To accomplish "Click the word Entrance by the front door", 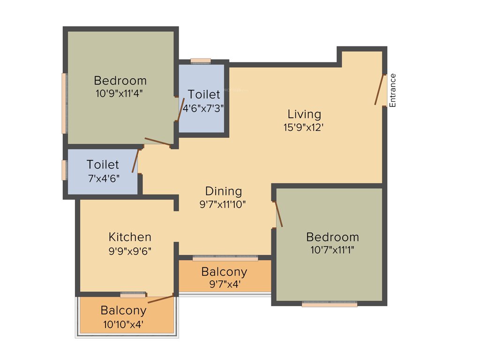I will (393, 90).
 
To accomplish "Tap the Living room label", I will (304, 114).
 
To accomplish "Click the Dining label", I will (224, 191).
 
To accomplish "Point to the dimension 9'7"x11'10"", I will (223, 204).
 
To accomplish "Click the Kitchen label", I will (130, 237).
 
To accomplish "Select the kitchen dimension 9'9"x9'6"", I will (129, 250).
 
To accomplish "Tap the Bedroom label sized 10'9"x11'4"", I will (120, 80).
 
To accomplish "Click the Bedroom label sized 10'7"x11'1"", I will (332, 237).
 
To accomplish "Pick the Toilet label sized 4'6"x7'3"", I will (204, 94).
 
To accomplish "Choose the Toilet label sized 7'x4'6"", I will (103, 165).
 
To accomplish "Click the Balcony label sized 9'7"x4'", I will (224, 272).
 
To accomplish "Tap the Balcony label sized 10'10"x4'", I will (123, 310).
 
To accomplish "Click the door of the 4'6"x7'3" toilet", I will (180, 110).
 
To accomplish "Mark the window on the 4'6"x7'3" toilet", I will (201, 61).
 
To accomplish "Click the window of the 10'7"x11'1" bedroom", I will (330, 304).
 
